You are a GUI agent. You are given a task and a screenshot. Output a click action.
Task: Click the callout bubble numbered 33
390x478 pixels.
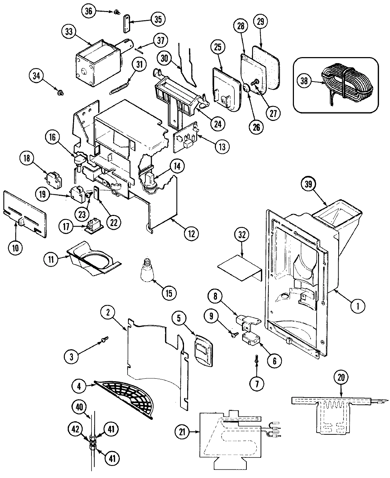click(x=69, y=32)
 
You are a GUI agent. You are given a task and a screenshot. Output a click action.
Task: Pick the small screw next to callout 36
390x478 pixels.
click(x=116, y=12)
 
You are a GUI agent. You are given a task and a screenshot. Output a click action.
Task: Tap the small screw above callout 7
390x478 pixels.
click(x=256, y=359)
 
